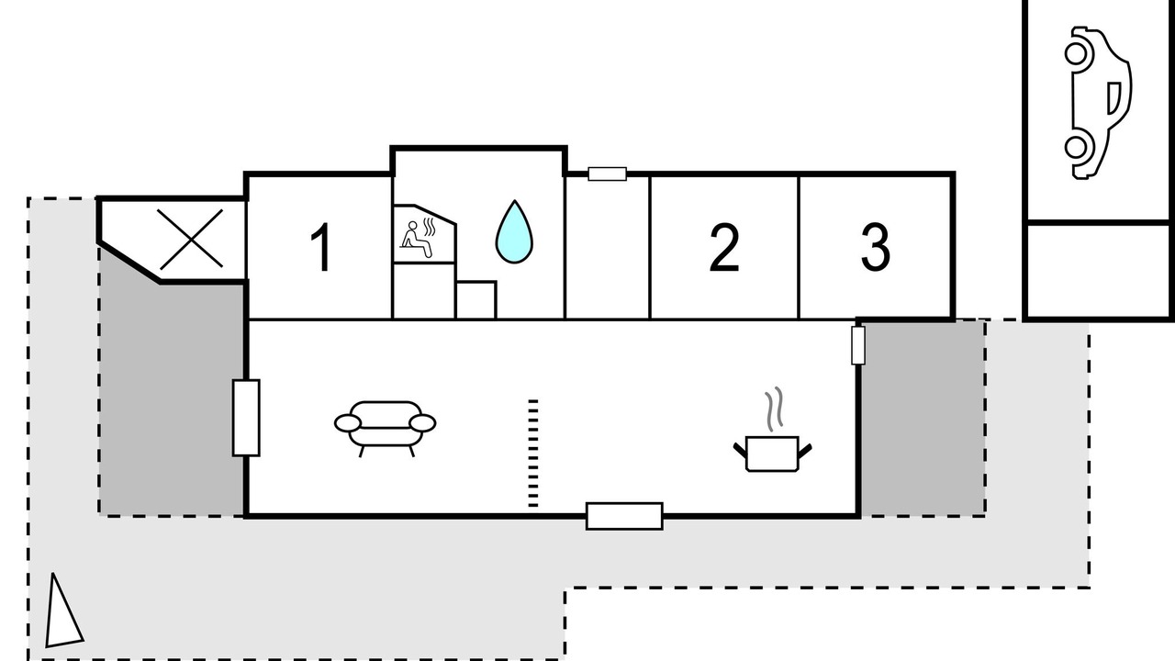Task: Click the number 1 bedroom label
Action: pyautogui.click(x=321, y=247)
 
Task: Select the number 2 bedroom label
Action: pyautogui.click(x=724, y=248)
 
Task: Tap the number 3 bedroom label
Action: pyautogui.click(x=876, y=247)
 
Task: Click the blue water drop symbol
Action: pyautogui.click(x=514, y=231)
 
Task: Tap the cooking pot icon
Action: pyautogui.click(x=772, y=454)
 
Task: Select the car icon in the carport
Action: pyautogui.click(x=1097, y=103)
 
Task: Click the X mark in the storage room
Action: pyautogui.click(x=191, y=240)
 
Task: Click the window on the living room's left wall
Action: pyautogui.click(x=246, y=418)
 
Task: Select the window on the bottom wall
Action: pyautogui.click(x=624, y=516)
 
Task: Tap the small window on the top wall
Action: pyautogui.click(x=608, y=174)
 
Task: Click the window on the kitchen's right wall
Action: pyautogui.click(x=857, y=345)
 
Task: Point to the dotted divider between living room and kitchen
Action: pyautogui.click(x=533, y=454)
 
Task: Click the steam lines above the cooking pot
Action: pyautogui.click(x=774, y=409)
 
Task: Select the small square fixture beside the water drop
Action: pyautogui.click(x=476, y=300)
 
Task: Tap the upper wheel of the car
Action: pyautogui.click(x=1077, y=53)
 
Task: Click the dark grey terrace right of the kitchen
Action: pyautogui.click(x=923, y=418)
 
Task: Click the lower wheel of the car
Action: pyautogui.click(x=1077, y=148)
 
